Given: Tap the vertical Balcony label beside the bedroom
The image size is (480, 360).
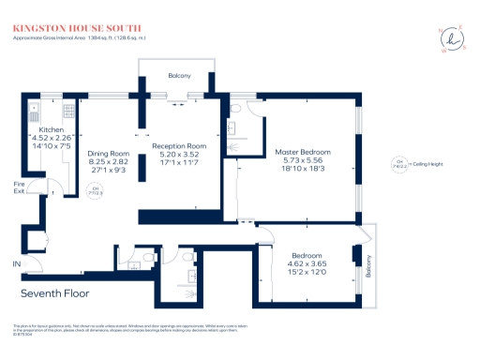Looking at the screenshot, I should point(368,269).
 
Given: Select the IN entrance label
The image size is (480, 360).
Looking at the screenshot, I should point(16,265).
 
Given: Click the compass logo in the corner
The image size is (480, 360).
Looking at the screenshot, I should point(452,40).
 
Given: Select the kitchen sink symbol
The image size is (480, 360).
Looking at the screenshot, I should point(32,105).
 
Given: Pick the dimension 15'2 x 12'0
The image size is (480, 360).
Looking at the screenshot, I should point(307,273).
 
